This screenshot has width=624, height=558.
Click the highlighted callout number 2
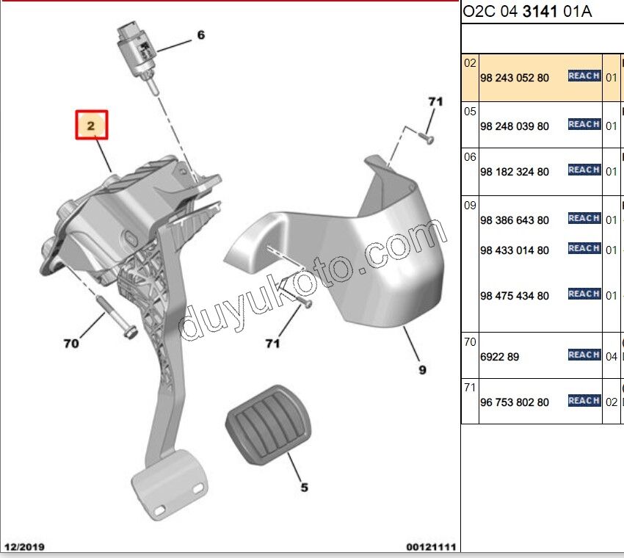[x=91, y=126]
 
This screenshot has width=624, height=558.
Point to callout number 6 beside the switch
[x=201, y=35]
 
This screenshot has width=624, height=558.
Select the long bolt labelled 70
[x=117, y=317]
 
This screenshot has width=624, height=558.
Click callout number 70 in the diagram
[x=71, y=343]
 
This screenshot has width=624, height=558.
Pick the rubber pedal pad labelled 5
[x=268, y=424]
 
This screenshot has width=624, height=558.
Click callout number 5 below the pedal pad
[x=304, y=488]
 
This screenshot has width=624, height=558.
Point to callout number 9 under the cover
[x=422, y=370]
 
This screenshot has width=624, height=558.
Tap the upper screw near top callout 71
[x=427, y=138]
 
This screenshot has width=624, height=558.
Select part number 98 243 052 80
[x=515, y=78]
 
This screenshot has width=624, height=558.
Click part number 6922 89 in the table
[x=499, y=357]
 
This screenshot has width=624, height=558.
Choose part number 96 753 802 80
[x=515, y=402]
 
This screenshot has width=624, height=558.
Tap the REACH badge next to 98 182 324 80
[x=584, y=170]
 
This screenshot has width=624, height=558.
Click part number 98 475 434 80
[x=515, y=296]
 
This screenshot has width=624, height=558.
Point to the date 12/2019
[x=24, y=547]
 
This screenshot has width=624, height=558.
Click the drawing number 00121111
[x=431, y=547]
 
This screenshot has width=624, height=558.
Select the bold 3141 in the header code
[x=540, y=11]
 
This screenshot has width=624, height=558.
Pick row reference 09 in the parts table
[x=470, y=206]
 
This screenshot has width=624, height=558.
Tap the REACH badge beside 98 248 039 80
[x=584, y=125]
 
